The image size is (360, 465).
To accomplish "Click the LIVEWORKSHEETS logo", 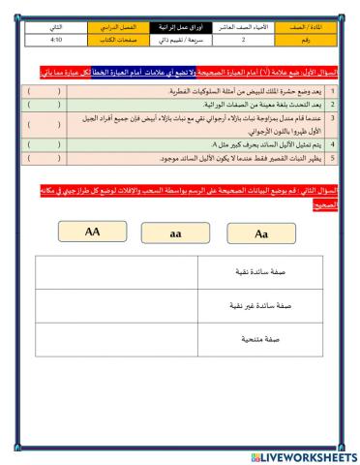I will click(x=300, y=455).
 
